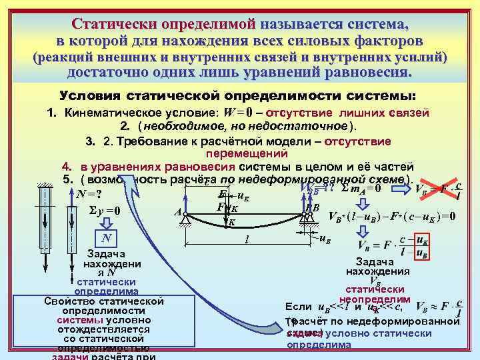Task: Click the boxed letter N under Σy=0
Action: tap(106, 239)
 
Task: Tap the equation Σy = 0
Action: tap(105, 211)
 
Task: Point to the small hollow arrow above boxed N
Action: tap(105, 224)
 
